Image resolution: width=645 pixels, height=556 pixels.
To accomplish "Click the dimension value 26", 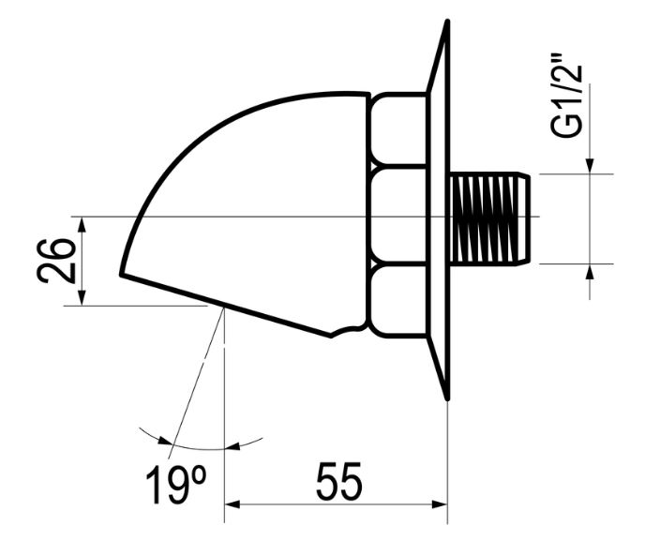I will pos(57,260).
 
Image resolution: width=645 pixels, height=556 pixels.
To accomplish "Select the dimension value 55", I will pos(338,483).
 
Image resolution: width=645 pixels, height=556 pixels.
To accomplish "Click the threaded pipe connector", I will pos(489,218).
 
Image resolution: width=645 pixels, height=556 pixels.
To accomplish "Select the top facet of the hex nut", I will pos(397,128).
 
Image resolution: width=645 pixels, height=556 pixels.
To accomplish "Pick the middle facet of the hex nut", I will pos(397,216).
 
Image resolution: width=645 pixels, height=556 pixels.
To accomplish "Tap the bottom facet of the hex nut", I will pos(397,301).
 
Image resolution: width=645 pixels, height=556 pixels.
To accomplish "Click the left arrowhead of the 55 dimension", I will pos(232,505).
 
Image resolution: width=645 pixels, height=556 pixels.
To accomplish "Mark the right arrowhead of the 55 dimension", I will pos(440,505).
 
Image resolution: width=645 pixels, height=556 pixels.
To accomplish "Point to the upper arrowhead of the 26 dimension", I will pos(82,224).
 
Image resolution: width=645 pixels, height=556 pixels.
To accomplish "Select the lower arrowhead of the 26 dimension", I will pos(82,296).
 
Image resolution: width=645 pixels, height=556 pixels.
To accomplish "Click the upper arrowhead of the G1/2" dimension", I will pos(590,166).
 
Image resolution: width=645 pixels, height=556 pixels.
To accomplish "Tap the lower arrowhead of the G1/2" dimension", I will pos(590,271).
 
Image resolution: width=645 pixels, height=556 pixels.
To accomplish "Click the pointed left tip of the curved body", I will pos(122,274).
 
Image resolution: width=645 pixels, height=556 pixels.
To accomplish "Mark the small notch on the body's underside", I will pos(348,329).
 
